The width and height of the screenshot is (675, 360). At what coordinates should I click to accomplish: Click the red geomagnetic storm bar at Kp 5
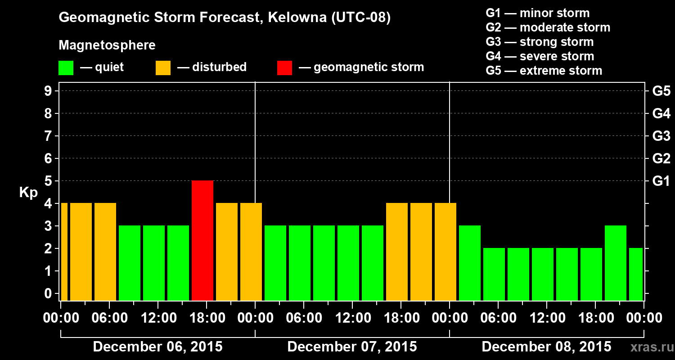(202, 240)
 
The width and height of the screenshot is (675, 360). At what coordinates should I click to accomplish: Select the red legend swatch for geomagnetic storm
(284, 67)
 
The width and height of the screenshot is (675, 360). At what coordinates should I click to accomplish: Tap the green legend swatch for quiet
(66, 67)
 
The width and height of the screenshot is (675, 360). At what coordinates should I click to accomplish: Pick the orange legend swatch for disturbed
(163, 67)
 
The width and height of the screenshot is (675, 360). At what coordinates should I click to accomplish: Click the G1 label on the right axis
(661, 181)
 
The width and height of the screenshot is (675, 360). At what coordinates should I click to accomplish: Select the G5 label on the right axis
(661, 91)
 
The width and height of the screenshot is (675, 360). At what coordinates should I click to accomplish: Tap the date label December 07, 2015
(352, 347)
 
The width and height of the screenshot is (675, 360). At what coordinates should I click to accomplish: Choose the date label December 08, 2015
(546, 347)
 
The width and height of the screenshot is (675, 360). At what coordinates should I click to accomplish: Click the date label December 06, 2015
(157, 347)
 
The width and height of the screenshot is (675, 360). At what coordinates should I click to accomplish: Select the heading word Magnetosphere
(107, 45)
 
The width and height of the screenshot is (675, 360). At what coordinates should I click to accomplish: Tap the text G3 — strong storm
(540, 42)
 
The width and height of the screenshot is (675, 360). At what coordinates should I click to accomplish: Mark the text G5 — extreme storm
(544, 71)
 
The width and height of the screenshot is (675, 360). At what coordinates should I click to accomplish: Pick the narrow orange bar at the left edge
(64, 252)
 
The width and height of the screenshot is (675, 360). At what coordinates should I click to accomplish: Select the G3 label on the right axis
(661, 136)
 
